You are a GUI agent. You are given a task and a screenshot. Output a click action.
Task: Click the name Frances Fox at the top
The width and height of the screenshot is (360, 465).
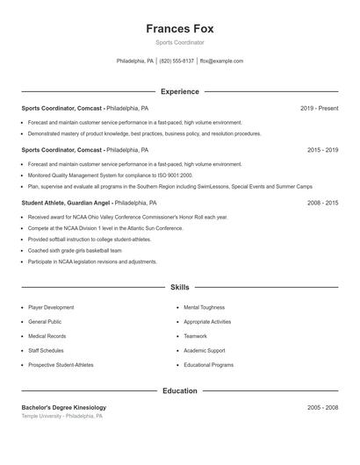coord(179,28)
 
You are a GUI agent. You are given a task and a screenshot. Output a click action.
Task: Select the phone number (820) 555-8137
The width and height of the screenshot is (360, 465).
coord(176,61)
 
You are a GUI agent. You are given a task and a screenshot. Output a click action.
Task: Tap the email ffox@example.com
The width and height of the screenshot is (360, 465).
coord(221,61)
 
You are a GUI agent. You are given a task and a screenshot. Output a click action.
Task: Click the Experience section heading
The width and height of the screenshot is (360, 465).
coord(179,91)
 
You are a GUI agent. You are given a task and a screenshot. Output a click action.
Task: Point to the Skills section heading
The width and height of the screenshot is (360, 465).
coord(179,287)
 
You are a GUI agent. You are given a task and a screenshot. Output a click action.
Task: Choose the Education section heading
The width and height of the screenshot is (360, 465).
coord(179,390)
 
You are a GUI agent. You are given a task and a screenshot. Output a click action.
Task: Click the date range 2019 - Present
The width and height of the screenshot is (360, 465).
coord(319,108)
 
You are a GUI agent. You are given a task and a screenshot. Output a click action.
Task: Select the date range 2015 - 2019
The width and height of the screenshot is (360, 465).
coord(322,150)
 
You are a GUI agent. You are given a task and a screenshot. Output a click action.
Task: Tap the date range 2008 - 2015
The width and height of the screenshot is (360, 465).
coord(322,203)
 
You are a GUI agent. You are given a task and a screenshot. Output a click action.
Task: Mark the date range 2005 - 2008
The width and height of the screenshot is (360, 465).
coord(322,408)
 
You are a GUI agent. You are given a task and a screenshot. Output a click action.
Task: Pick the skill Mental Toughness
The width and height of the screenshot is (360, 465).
coord(204,308)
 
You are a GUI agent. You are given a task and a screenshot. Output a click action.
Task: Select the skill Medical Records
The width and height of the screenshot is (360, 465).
coord(47,336)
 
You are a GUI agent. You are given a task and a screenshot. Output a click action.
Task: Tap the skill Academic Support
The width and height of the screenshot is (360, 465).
coord(204,350)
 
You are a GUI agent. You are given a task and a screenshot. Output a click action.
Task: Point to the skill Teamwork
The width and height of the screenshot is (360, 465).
coord(195,336)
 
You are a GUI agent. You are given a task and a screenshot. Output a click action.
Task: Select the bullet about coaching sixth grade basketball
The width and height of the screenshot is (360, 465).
coord(79,250)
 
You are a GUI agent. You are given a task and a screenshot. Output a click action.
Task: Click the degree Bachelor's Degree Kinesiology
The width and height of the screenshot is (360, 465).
coord(63,408)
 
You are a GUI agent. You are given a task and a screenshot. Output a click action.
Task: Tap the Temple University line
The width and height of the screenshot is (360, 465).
coord(61,417)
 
